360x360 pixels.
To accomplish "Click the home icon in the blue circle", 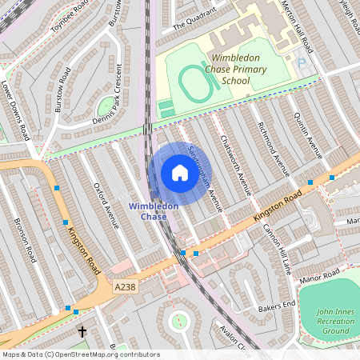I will [179, 172].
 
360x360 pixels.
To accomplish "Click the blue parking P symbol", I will [302, 62].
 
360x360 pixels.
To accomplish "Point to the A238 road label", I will [126, 285].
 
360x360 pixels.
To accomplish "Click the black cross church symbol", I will [81, 330].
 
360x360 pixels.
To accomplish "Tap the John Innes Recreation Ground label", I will [334, 321].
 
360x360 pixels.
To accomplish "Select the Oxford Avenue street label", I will [106, 205].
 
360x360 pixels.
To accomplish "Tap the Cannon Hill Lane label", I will [277, 249].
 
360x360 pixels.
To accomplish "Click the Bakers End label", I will [276, 306].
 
